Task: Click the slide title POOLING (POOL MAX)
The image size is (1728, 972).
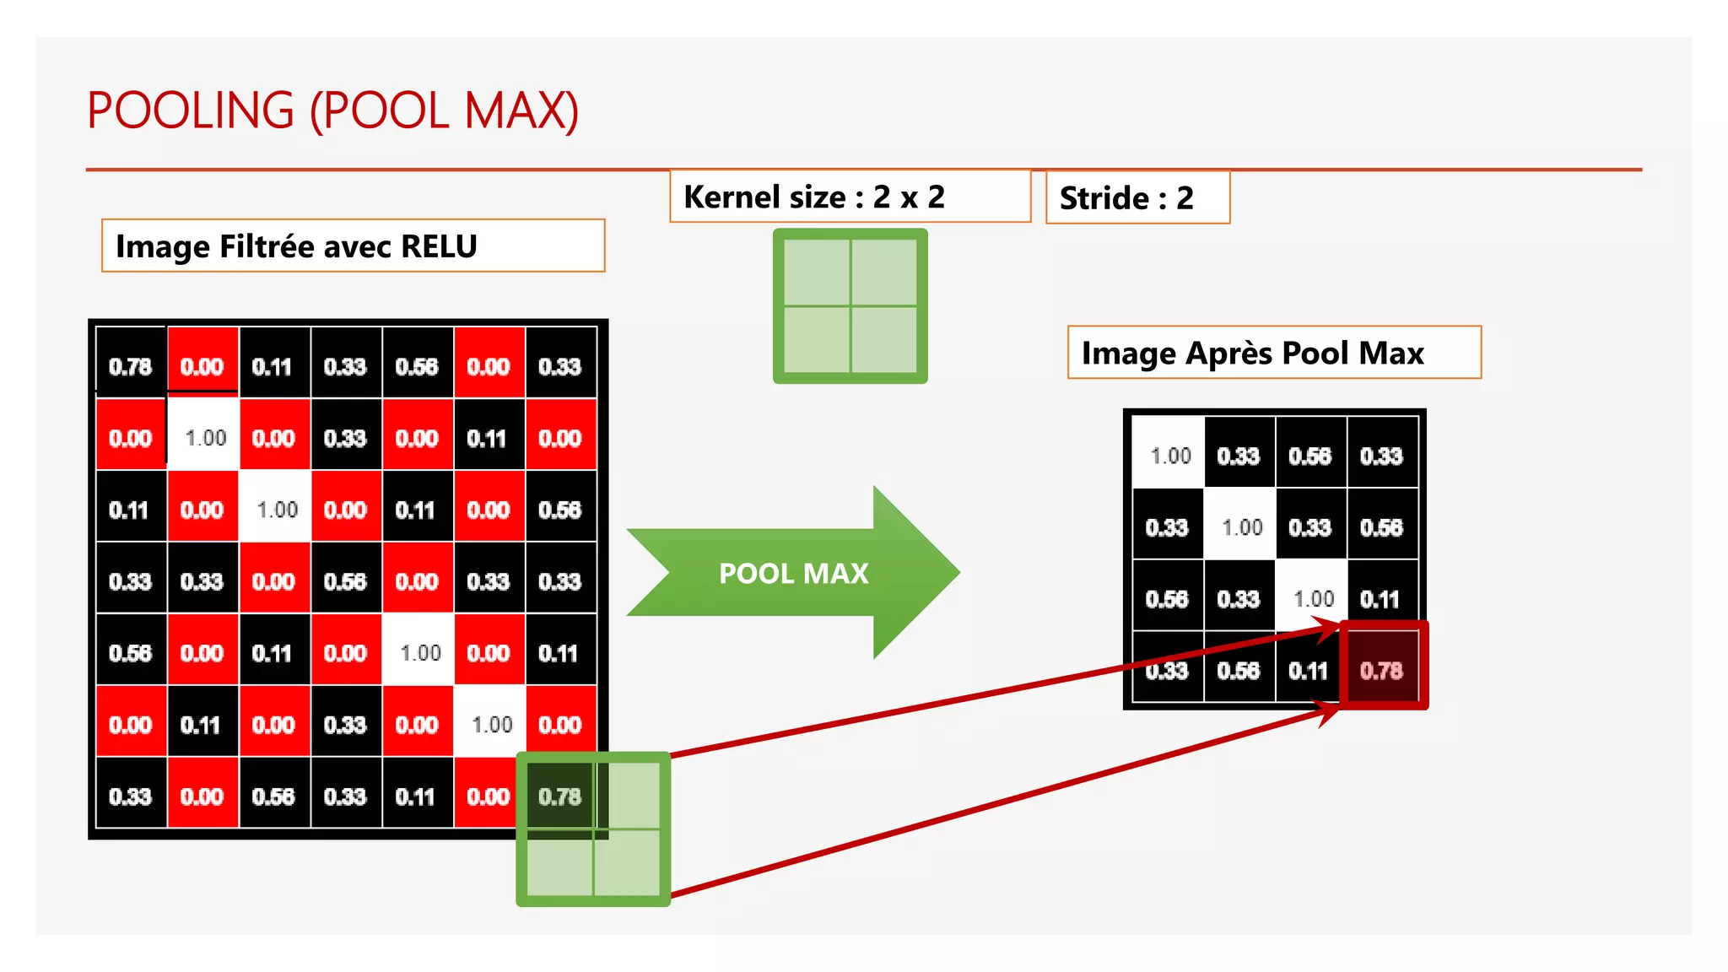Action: [332, 111]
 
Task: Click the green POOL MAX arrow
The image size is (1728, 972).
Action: [793, 573]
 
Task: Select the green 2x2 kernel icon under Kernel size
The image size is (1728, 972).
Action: [850, 305]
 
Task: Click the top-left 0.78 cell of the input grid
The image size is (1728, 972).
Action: [131, 366]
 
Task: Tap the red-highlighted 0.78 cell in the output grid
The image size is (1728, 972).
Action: [1382, 670]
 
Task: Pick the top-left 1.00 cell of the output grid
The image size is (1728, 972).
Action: [1169, 456]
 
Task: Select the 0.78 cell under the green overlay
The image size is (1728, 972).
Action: [559, 796]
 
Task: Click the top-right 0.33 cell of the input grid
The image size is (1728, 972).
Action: [560, 366]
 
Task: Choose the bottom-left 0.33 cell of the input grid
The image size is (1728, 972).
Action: [131, 796]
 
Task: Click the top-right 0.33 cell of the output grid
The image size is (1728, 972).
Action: [1382, 456]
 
